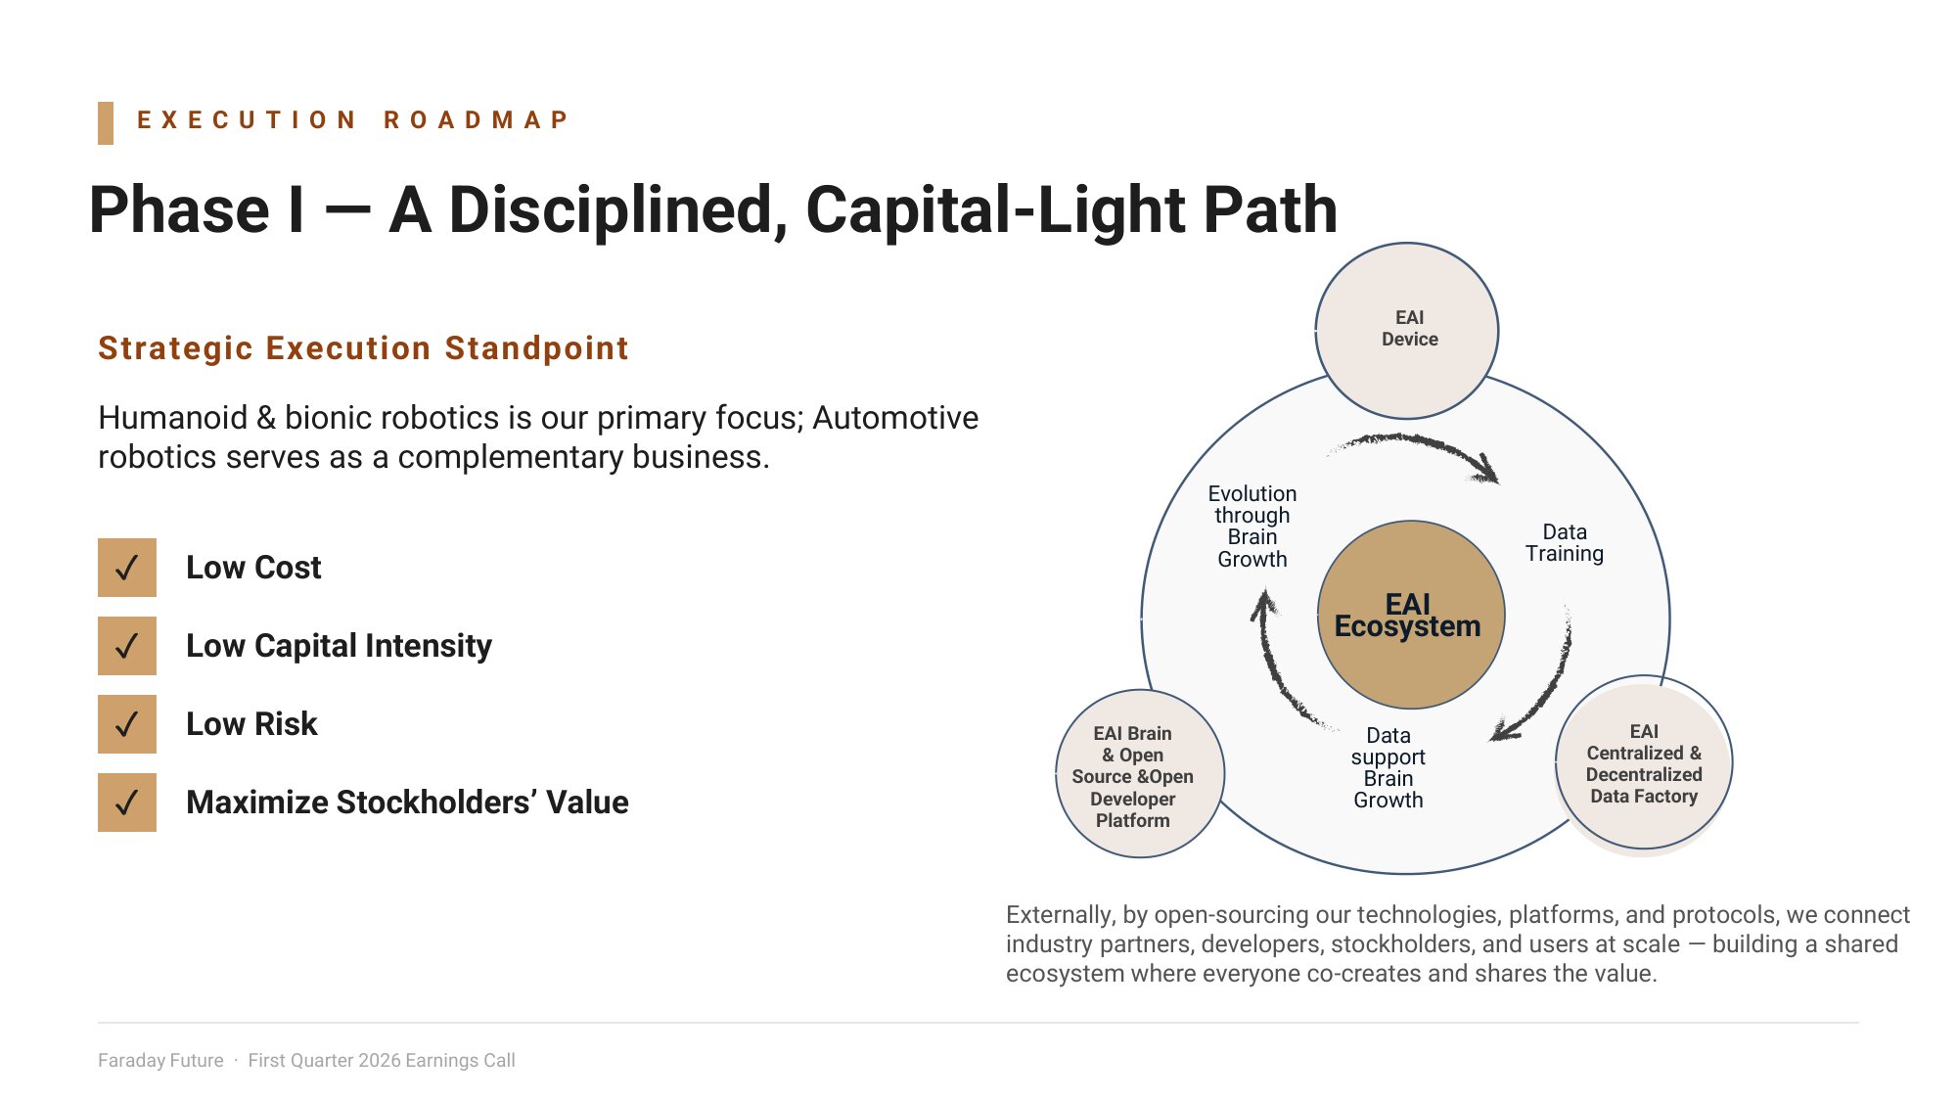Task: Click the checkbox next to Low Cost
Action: [127, 568]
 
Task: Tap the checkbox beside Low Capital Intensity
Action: [127, 646]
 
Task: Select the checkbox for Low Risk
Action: [127, 724]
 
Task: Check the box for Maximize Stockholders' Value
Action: [127, 803]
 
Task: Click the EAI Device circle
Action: [1407, 331]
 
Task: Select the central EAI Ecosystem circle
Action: [1410, 615]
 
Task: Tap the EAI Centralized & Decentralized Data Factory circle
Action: [1644, 763]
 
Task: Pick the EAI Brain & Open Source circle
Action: [1140, 774]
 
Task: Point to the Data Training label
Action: [1565, 543]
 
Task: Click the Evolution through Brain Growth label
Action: [1252, 527]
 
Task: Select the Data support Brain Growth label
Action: [1388, 768]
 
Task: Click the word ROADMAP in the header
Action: [476, 120]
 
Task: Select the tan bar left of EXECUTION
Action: [106, 123]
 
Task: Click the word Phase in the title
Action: [179, 209]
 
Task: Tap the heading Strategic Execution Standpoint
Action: [363, 348]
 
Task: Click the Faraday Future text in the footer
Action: [160, 1061]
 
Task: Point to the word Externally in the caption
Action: [1061, 915]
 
